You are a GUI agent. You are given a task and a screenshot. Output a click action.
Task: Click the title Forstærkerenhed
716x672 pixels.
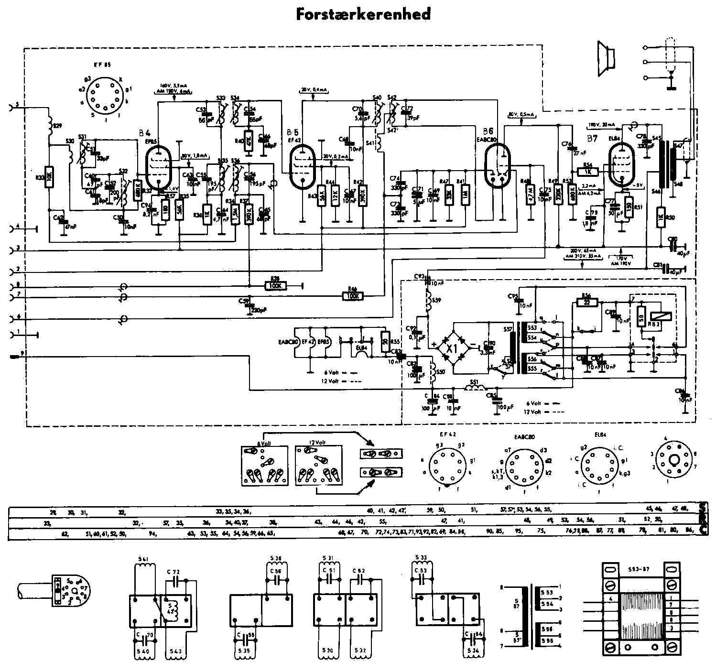click(x=363, y=14)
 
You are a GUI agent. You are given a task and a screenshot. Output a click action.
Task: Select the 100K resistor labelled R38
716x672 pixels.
click(x=275, y=286)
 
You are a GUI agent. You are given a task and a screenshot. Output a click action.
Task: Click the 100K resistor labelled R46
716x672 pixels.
click(x=353, y=296)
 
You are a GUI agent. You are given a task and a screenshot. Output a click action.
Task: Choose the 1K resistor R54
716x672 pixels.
click(x=587, y=171)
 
